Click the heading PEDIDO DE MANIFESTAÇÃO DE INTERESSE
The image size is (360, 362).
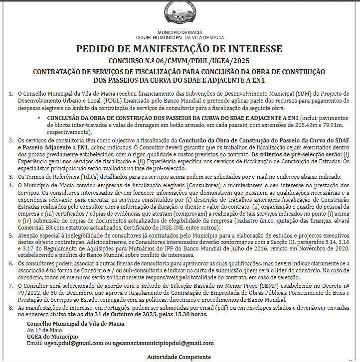[179, 49]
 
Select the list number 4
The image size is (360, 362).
[11, 185]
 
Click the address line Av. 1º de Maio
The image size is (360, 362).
[44, 330]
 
